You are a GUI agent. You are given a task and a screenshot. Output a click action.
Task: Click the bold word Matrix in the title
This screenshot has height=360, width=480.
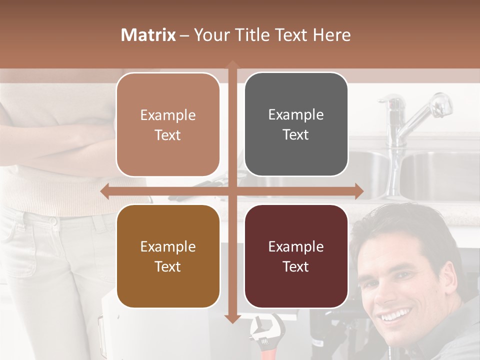coord(148,35)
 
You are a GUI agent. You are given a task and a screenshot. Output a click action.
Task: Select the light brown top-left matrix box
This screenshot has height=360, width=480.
coord(168,124)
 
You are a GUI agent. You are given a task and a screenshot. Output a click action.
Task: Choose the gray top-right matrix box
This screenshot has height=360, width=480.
coord(296,124)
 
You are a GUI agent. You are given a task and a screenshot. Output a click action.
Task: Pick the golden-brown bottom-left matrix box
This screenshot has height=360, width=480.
coord(168,256)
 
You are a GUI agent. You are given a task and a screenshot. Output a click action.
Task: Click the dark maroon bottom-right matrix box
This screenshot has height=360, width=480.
coord(296,256)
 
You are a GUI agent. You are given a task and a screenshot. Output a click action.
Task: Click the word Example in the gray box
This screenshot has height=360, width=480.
coord(296,114)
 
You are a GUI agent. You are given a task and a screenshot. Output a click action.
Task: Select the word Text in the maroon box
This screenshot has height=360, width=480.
coord(296,266)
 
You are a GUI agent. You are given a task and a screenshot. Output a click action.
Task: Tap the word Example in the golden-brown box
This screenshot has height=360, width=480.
coord(168,246)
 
